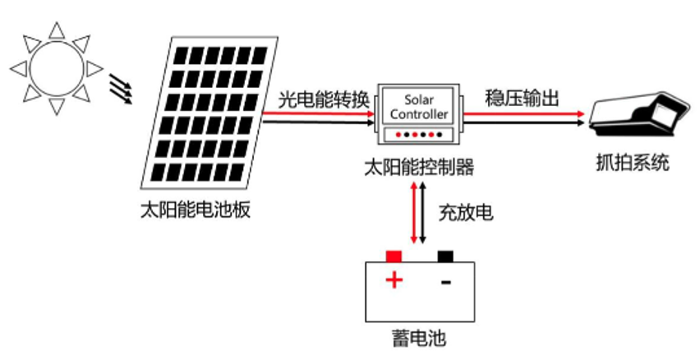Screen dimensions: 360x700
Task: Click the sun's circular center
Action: [x=56, y=68]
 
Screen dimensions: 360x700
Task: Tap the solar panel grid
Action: [x=209, y=113]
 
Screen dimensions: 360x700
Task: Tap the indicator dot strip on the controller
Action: [x=418, y=135]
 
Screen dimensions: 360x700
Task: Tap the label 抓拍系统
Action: [x=632, y=163]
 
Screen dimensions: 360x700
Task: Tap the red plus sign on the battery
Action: [x=394, y=280]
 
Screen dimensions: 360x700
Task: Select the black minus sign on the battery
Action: [x=445, y=282]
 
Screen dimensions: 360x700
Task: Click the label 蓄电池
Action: [x=419, y=338]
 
